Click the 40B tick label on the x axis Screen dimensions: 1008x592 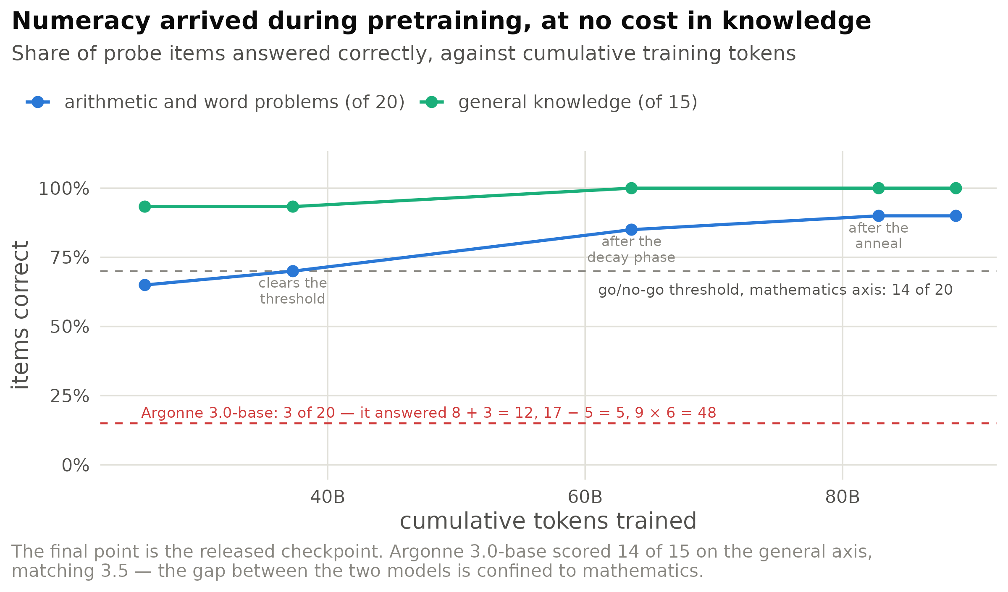pyautogui.click(x=328, y=497)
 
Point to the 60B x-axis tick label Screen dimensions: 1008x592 pyautogui.click(x=585, y=497)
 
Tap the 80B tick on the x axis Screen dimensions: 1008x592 pyautogui.click(x=843, y=497)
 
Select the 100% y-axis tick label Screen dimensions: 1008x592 pyautogui.click(x=64, y=189)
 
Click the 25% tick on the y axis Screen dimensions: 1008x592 pyautogui.click(x=69, y=396)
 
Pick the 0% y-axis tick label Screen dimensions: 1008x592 pyautogui.click(x=76, y=465)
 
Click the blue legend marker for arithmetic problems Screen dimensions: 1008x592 pyautogui.click(x=38, y=102)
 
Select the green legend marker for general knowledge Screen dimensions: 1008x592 pyautogui.click(x=432, y=102)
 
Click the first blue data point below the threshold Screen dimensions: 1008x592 pyautogui.click(x=144, y=285)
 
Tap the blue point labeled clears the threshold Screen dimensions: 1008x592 pyautogui.click(x=293, y=271)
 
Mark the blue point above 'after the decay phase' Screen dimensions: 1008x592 pyautogui.click(x=631, y=230)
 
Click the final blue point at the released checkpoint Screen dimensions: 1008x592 pyautogui.click(x=956, y=216)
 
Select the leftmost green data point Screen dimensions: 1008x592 pyautogui.click(x=144, y=207)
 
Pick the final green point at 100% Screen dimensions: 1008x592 pyautogui.click(x=956, y=188)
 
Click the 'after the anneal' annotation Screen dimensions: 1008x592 pyautogui.click(x=879, y=236)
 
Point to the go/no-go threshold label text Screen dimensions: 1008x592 pyautogui.click(x=775, y=290)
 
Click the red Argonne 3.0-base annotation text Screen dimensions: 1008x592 pyautogui.click(x=429, y=413)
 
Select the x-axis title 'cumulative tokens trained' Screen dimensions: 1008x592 pyautogui.click(x=548, y=521)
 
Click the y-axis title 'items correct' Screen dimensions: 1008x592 pyautogui.click(x=20, y=315)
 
